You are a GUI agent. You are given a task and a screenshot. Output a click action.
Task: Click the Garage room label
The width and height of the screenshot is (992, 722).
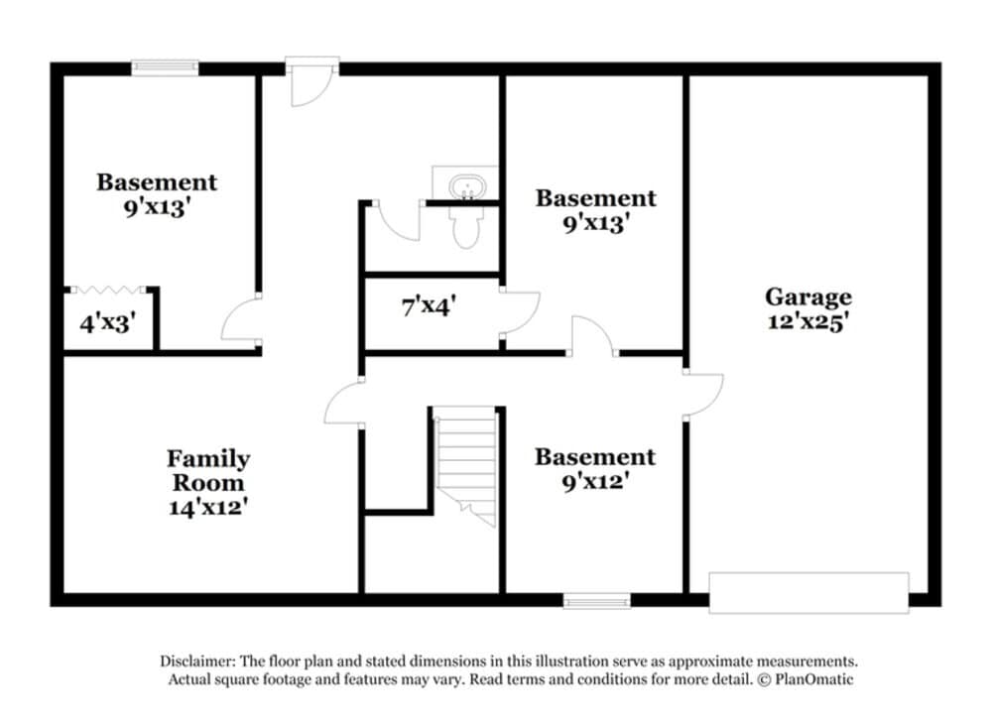tap(807, 298)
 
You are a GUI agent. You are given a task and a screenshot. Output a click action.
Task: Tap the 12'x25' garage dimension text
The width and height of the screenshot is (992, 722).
tap(807, 321)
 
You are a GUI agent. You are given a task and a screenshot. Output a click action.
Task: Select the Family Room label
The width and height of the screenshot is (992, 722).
tap(208, 470)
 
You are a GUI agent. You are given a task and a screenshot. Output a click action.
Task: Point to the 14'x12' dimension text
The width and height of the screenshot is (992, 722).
tap(207, 507)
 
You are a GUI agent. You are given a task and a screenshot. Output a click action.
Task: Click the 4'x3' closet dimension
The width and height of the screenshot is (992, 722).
tap(107, 323)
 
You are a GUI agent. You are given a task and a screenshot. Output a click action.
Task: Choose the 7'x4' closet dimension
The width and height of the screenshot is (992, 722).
tap(429, 306)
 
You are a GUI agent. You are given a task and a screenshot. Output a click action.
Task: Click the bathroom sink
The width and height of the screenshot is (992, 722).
tap(467, 187)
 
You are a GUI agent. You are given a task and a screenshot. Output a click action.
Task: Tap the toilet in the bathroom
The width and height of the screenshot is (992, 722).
tap(466, 227)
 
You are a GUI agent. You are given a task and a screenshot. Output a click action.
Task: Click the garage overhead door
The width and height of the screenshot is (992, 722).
tap(808, 592)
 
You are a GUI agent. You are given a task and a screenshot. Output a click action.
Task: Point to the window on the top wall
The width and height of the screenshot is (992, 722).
tap(165, 67)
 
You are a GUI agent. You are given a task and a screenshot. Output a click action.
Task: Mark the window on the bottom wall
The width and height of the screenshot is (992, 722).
tap(596, 600)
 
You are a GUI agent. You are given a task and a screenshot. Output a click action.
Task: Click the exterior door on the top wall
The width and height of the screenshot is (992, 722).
tap(311, 81)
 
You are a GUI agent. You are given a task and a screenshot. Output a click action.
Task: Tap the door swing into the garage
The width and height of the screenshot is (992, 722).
tap(703, 396)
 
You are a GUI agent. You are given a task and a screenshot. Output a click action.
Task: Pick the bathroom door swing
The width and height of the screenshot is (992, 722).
tap(398, 220)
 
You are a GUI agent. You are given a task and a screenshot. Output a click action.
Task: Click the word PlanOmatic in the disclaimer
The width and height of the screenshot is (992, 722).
tap(813, 679)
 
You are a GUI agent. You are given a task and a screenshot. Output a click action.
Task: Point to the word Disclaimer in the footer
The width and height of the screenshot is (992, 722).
tap(197, 662)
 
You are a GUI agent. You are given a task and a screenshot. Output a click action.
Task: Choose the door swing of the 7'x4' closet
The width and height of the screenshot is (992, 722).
tap(520, 313)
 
